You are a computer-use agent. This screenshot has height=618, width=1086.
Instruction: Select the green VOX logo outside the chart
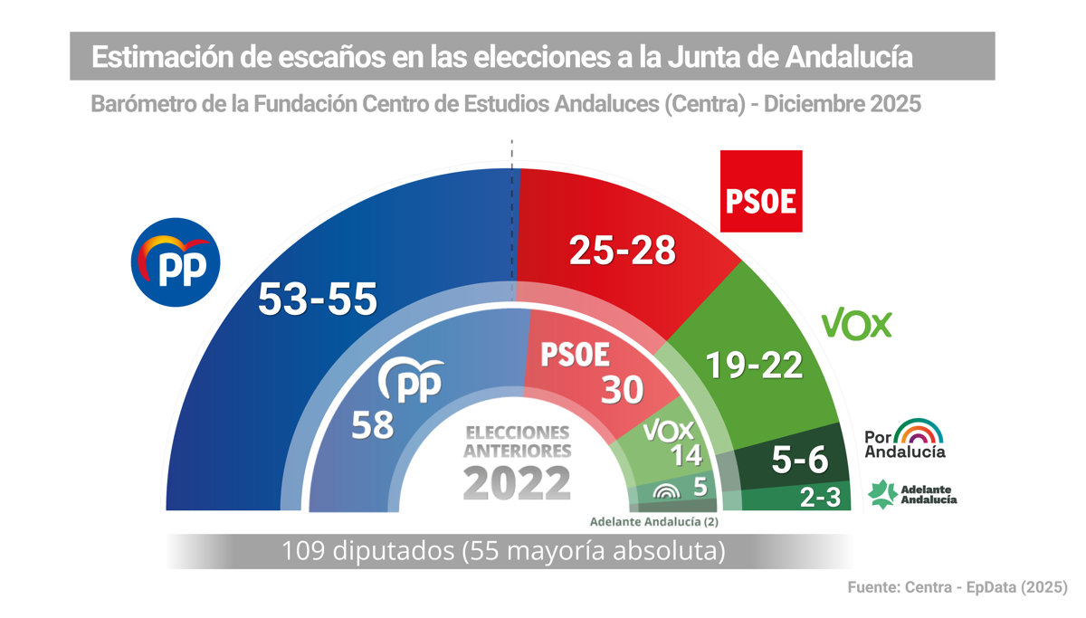click(856, 324)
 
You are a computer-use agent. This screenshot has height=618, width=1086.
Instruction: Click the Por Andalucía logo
click(905, 438)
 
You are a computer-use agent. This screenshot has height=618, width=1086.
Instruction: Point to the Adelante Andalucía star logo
click(883, 494)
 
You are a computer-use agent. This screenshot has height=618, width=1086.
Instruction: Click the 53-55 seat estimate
click(317, 299)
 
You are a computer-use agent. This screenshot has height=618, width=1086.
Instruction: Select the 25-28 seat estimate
click(623, 249)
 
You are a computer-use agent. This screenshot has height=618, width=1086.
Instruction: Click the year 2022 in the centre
click(517, 483)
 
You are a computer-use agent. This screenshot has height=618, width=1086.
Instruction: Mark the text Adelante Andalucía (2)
click(653, 521)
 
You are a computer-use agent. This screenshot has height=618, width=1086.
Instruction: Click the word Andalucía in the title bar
click(848, 58)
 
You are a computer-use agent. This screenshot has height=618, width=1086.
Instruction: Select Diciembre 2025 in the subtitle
click(843, 104)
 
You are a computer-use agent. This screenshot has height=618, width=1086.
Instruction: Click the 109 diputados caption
click(503, 550)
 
